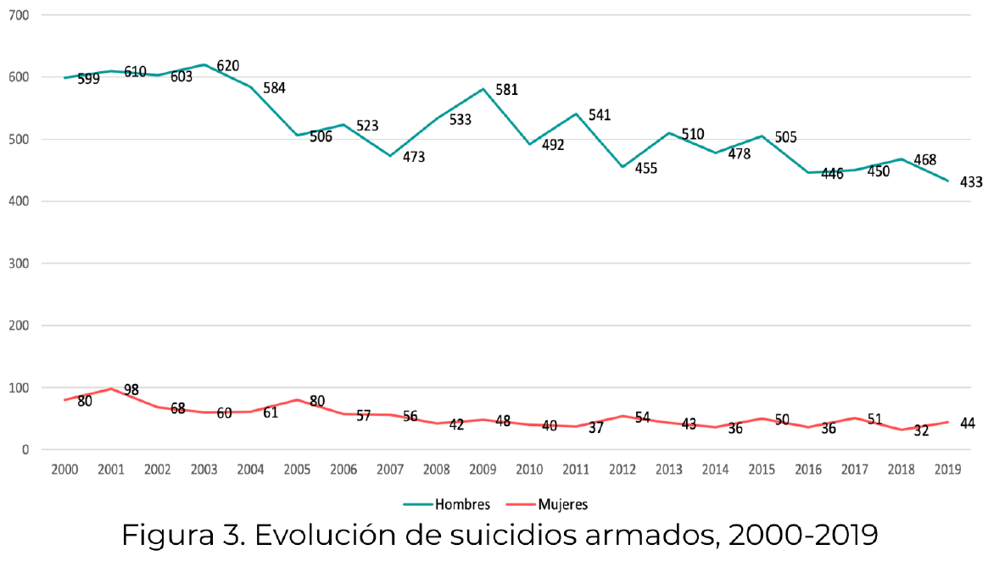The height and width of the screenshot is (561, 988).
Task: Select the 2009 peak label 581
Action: click(506, 90)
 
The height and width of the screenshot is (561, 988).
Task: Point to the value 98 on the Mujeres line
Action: click(131, 390)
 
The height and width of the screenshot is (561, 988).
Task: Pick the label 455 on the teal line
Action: click(645, 168)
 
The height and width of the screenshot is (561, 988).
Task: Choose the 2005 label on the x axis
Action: click(296, 469)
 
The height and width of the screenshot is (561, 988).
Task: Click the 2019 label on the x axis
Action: click(947, 469)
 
